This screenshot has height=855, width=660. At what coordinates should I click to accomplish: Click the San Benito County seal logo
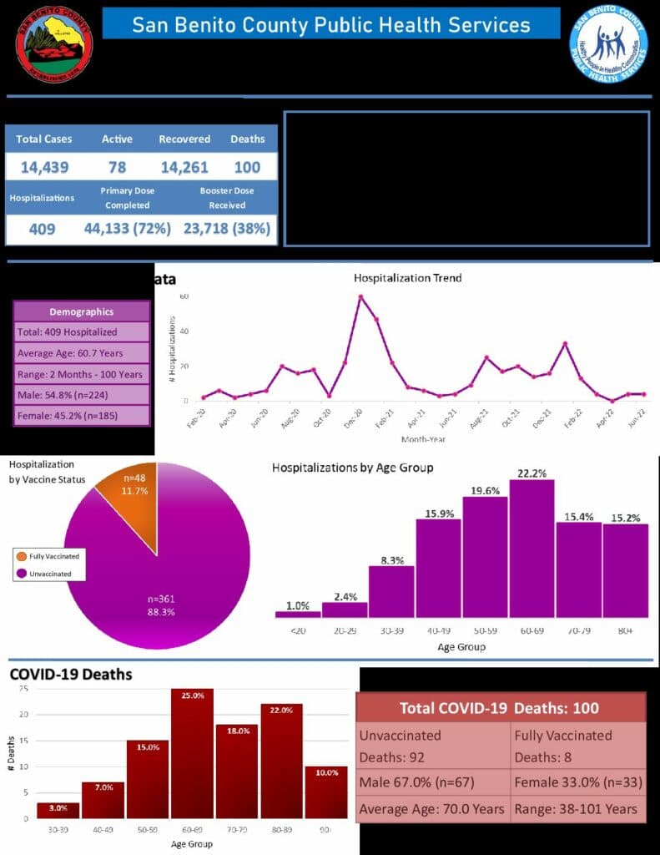[55, 43]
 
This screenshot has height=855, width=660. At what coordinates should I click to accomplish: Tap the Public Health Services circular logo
[608, 43]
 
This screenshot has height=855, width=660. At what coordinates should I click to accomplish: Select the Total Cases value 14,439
[45, 167]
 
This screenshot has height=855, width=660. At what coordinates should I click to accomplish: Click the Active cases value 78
[117, 167]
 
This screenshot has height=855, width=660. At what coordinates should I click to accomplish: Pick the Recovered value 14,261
[184, 167]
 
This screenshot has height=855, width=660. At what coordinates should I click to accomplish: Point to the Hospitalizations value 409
[42, 228]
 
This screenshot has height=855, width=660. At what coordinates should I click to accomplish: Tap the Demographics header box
[82, 311]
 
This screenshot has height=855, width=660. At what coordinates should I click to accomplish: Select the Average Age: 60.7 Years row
[82, 352]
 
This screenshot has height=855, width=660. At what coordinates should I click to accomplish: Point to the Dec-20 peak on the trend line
[360, 296]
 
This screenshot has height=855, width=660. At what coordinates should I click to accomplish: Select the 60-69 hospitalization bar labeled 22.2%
[532, 548]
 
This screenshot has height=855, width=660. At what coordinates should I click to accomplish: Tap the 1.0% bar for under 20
[298, 614]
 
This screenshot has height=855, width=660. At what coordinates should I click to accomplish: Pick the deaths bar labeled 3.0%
[58, 810]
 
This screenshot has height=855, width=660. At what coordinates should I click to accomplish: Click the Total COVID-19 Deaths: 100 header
[500, 708]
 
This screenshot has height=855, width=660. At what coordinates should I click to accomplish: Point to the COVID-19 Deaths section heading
[71, 674]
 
